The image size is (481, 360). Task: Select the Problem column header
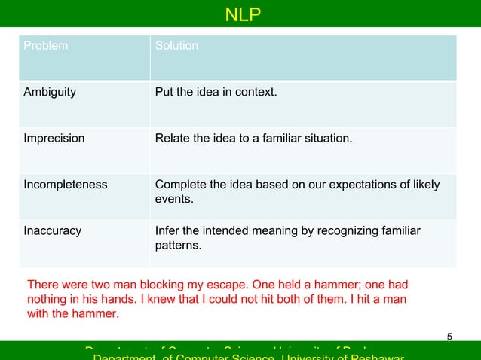click(45, 46)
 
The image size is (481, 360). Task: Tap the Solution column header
click(176, 46)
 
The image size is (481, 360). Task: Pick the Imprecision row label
click(54, 139)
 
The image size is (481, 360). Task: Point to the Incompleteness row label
click(66, 185)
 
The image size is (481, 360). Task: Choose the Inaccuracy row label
click(53, 230)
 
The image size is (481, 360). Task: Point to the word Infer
click(167, 230)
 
